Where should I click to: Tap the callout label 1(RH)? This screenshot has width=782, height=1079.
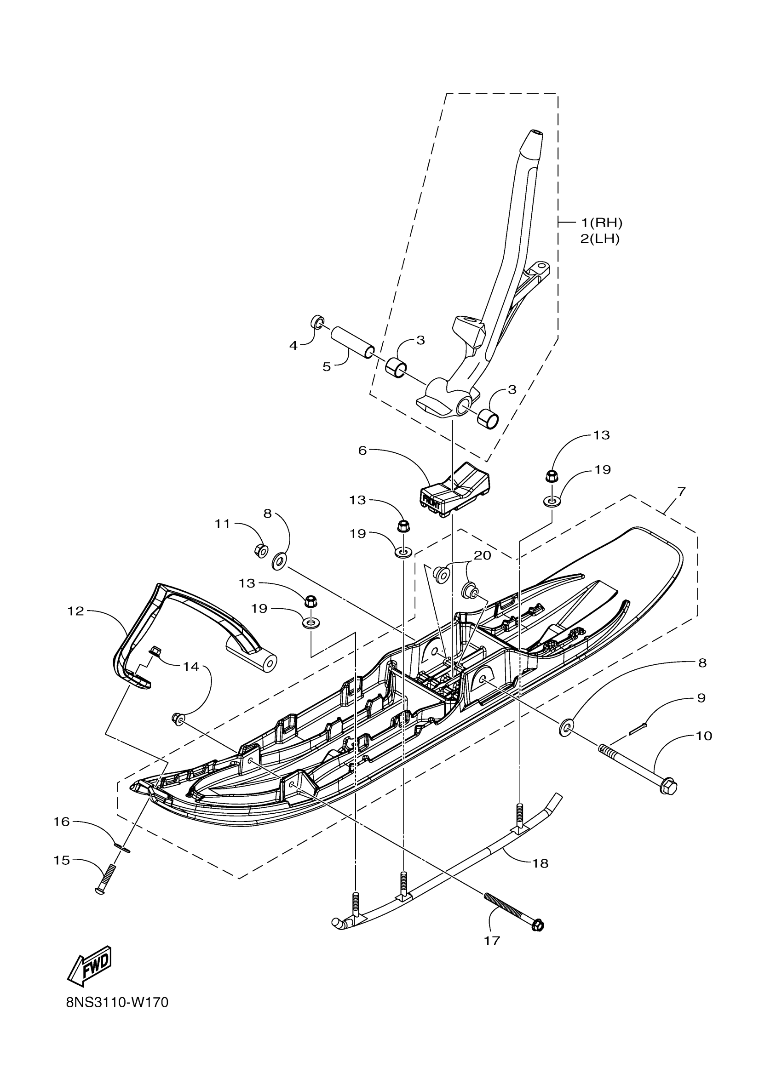[x=601, y=222]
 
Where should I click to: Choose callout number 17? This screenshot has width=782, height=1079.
[x=492, y=941]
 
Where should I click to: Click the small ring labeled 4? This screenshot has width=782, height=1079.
[x=317, y=322]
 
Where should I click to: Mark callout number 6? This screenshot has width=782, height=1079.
[x=362, y=450]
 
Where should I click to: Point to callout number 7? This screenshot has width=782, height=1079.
[x=681, y=492]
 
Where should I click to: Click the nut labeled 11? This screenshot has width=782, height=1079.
[x=260, y=551]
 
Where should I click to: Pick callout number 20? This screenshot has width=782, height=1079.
[x=482, y=555]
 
